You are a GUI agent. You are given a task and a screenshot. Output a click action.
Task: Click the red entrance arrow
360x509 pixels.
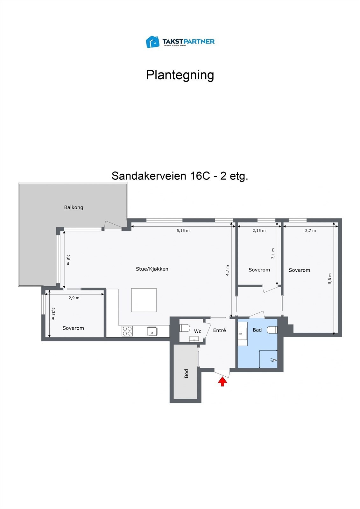pos(222,381)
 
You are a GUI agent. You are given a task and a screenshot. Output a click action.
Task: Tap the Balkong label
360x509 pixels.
pos(74,207)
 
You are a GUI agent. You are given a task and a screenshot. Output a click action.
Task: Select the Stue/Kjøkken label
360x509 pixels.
pos(152,269)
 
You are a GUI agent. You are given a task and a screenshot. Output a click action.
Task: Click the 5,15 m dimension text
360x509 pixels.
pos(183,231)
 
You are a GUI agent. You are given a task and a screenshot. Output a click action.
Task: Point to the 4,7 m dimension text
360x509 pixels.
pos(227,270)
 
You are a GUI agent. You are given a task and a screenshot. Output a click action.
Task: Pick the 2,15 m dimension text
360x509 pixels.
pos(259,231)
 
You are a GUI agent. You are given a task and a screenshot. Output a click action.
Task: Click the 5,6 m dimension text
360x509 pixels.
pos(330,278)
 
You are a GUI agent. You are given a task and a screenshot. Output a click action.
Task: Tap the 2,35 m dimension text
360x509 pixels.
pos(53,313)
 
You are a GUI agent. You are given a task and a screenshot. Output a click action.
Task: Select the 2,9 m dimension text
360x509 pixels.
pos(74,298)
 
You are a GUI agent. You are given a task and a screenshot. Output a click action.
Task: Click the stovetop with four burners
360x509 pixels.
pos(127,331)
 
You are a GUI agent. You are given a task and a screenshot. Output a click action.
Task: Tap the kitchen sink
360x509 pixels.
pos(152,331)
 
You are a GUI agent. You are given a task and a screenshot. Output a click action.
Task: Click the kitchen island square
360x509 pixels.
pos(144,300)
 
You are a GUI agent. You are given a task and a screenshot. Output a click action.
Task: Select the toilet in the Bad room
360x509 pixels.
pos(272,330)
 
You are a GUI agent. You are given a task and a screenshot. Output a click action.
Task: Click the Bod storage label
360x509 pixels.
pos(187,373)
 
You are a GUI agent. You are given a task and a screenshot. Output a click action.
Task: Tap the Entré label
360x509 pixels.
pos(219,331)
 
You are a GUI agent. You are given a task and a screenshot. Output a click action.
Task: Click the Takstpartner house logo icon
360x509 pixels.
pos(152,42)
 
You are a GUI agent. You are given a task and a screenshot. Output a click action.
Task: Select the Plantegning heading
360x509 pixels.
pos(180,75)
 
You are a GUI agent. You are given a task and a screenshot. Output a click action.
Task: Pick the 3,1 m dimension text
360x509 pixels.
pos(273,254)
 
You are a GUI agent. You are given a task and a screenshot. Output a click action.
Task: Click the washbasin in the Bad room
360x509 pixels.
pos(243,334)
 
